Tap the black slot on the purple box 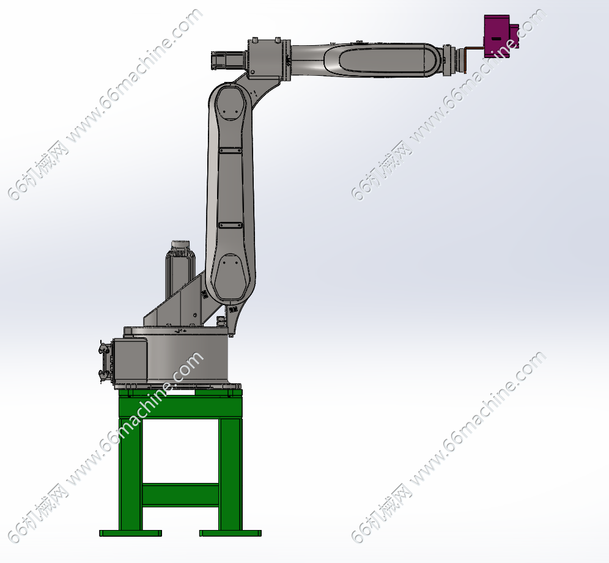pyautogui.click(x=496, y=39)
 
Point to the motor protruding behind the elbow pyautogui.click(x=228, y=60)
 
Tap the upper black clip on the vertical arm pyautogui.click(x=231, y=150)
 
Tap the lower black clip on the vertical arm pyautogui.click(x=231, y=225)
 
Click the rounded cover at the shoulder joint pyautogui.click(x=231, y=276)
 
